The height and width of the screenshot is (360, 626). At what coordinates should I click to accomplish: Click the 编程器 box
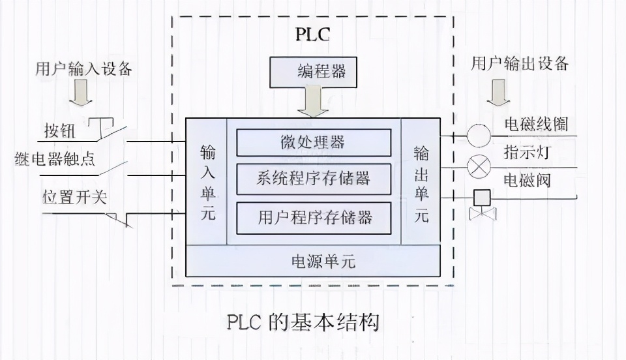coord(313,72)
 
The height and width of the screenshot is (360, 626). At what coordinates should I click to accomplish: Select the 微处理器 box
coord(314,142)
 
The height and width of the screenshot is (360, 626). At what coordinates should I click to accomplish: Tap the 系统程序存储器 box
coord(314,179)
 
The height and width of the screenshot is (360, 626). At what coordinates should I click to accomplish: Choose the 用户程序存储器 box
coord(314,217)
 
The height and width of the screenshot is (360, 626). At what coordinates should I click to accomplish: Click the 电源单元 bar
coord(314,261)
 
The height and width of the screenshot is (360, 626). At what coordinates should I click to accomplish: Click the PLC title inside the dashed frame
coord(313,34)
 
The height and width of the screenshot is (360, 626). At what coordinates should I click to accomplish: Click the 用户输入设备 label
coord(83,68)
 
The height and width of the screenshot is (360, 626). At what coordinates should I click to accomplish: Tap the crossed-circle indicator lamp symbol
coord(479,168)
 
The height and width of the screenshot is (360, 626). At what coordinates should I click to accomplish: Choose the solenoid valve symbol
coord(483,202)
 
